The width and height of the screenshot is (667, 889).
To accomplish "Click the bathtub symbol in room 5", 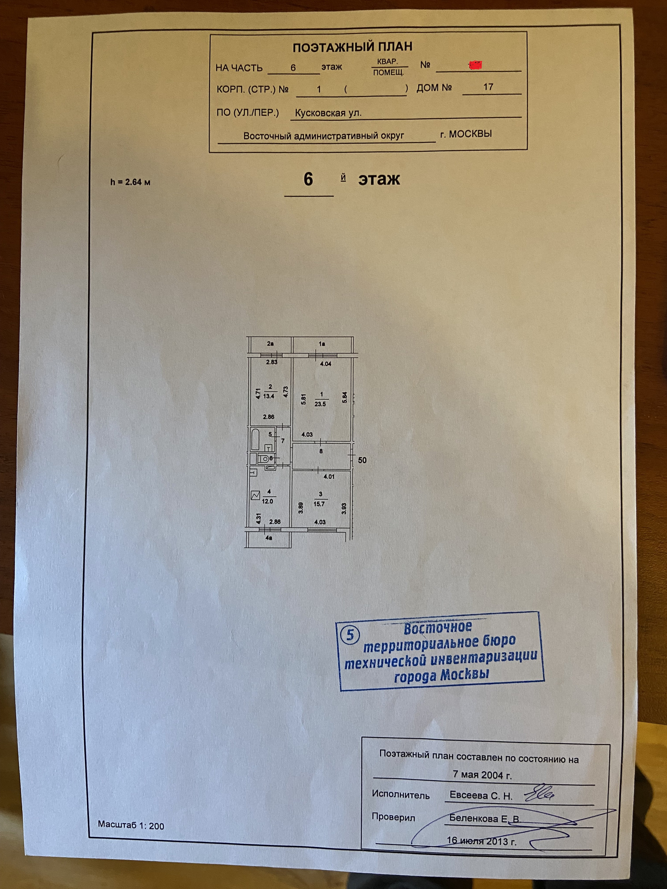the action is (255, 439).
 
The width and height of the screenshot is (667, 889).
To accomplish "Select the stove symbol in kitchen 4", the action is (255, 496).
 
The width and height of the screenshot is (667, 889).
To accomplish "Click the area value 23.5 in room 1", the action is (320, 404).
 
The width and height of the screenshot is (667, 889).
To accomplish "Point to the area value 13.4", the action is (269, 396).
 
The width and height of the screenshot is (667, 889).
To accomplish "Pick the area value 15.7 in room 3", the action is (319, 504).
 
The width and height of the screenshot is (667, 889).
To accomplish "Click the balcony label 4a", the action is (269, 538).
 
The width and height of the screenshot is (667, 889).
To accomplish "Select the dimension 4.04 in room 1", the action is (325, 364).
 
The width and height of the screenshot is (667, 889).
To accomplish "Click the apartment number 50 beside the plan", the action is (362, 460).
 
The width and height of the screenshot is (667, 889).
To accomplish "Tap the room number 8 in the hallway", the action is (321, 451).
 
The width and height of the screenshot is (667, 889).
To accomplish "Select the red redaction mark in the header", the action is (476, 65).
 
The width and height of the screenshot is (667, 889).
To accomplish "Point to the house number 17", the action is (488, 87).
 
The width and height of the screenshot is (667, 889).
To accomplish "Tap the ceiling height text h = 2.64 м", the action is (130, 182).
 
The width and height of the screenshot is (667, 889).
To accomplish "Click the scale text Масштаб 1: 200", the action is (131, 826).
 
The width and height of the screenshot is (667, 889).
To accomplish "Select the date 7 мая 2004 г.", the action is (482, 775).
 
